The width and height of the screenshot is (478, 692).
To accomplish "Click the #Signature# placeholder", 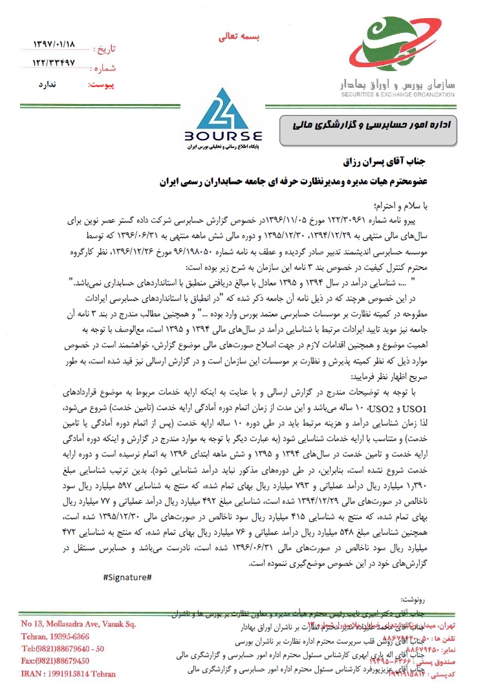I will pyautogui.click(x=127, y=576).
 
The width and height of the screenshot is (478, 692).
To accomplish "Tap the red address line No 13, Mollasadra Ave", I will pyautogui.click(x=78, y=624).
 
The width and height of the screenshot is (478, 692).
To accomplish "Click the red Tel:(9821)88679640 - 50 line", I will pyautogui.click(x=62, y=649).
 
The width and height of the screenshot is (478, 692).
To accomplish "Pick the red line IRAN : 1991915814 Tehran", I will pyautogui.click(x=67, y=674).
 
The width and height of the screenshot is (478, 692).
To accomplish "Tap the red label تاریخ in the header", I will pyautogui.click(x=104, y=48).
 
